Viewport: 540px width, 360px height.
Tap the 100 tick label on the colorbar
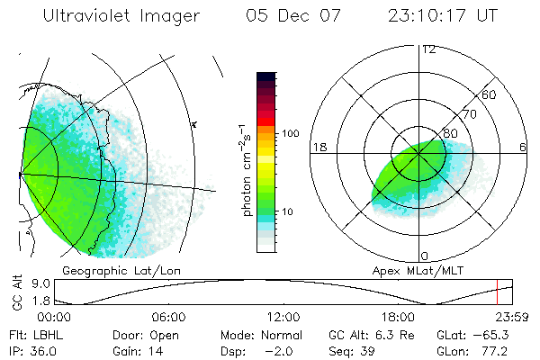[289, 133]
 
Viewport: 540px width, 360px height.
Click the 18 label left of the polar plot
[318, 147]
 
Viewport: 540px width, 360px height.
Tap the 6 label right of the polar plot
[523, 147]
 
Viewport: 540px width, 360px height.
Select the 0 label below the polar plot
[425, 256]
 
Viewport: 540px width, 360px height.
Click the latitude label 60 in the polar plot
[490, 94]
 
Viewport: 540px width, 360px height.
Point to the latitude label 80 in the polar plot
[452, 133]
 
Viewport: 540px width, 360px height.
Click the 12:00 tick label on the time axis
[283, 317]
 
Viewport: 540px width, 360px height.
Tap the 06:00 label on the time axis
[168, 317]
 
